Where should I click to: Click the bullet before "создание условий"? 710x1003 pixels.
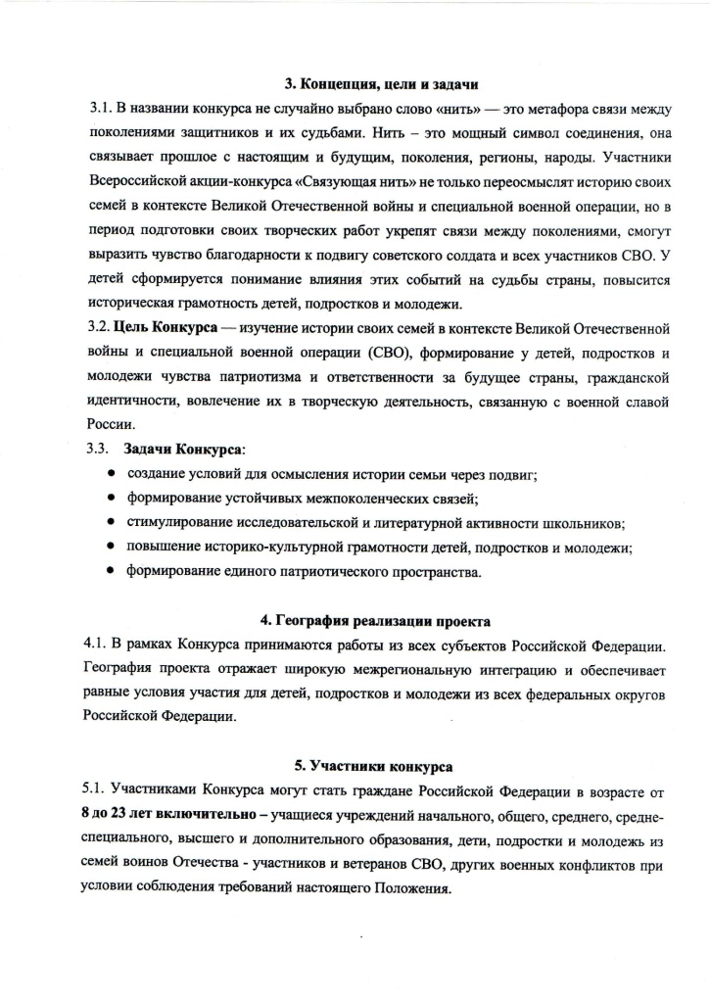click(110, 474)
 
